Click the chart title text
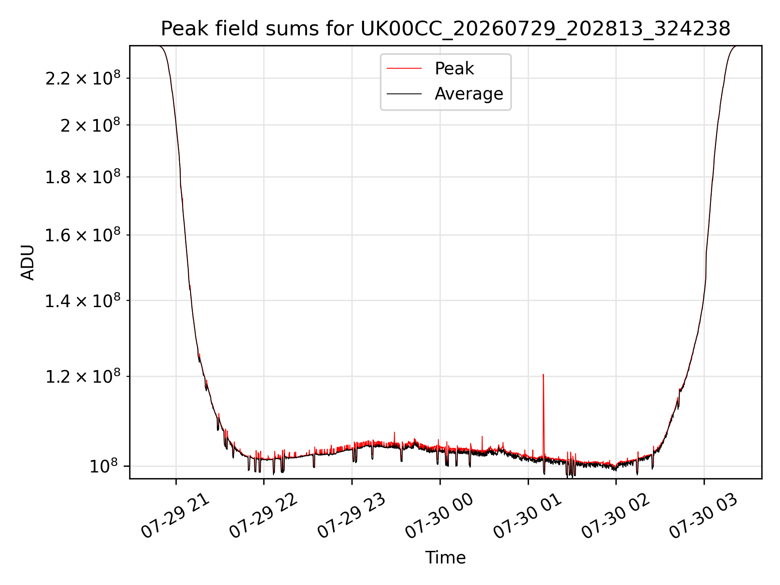pos(446,29)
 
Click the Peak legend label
pos(454,68)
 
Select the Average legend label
pos(469,94)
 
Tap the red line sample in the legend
pos(404,69)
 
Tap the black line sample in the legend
pos(404,94)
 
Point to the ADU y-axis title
pos(28,262)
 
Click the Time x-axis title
pos(446,558)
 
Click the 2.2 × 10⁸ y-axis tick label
pos(83,78)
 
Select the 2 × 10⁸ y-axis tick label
pos(91,125)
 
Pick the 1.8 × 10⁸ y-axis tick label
pos(83,177)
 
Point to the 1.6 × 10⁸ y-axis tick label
pos(83,235)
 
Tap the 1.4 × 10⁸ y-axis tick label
pos(83,301)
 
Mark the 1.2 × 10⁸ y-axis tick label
pos(83,377)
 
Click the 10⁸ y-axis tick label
pos(105,466)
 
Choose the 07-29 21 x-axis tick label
pos(175,516)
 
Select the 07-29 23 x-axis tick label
pos(351,516)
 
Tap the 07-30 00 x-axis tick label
pos(440,516)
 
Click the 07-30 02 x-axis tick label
pos(616,516)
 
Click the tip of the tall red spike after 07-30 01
pos(543,374)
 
